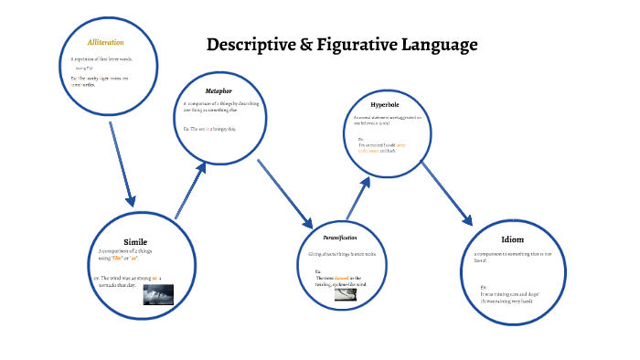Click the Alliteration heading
tap(105, 43)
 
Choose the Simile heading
tap(135, 241)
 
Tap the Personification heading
tap(339, 238)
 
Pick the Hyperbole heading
tap(386, 105)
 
